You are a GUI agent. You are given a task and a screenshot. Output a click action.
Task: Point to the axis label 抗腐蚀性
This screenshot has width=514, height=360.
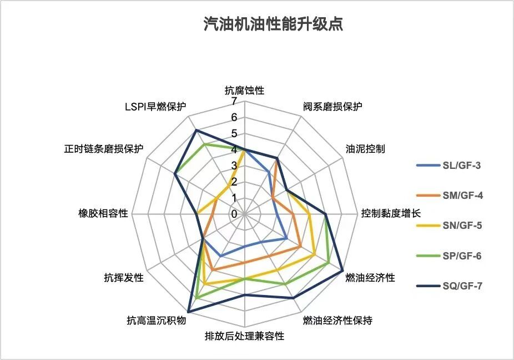click(x=244, y=89)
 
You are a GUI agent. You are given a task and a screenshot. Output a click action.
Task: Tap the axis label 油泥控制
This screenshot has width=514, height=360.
click(x=365, y=149)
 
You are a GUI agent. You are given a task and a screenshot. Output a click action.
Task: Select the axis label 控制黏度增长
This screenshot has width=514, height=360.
click(x=391, y=213)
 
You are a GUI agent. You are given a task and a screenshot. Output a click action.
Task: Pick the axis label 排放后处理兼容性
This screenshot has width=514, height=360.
click(x=244, y=336)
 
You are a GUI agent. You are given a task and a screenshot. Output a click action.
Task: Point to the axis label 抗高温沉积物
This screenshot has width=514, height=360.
click(x=156, y=321)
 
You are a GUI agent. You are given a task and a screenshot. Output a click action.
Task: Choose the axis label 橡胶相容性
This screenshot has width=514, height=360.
click(x=104, y=213)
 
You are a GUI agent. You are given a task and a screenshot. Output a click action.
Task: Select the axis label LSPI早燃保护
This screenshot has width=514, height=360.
click(x=155, y=107)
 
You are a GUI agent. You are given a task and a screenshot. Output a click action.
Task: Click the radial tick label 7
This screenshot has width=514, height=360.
click(x=234, y=102)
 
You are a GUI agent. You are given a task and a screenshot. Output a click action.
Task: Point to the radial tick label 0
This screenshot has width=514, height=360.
click(x=234, y=214)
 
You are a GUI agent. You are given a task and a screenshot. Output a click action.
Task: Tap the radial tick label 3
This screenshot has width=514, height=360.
click(x=234, y=166)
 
